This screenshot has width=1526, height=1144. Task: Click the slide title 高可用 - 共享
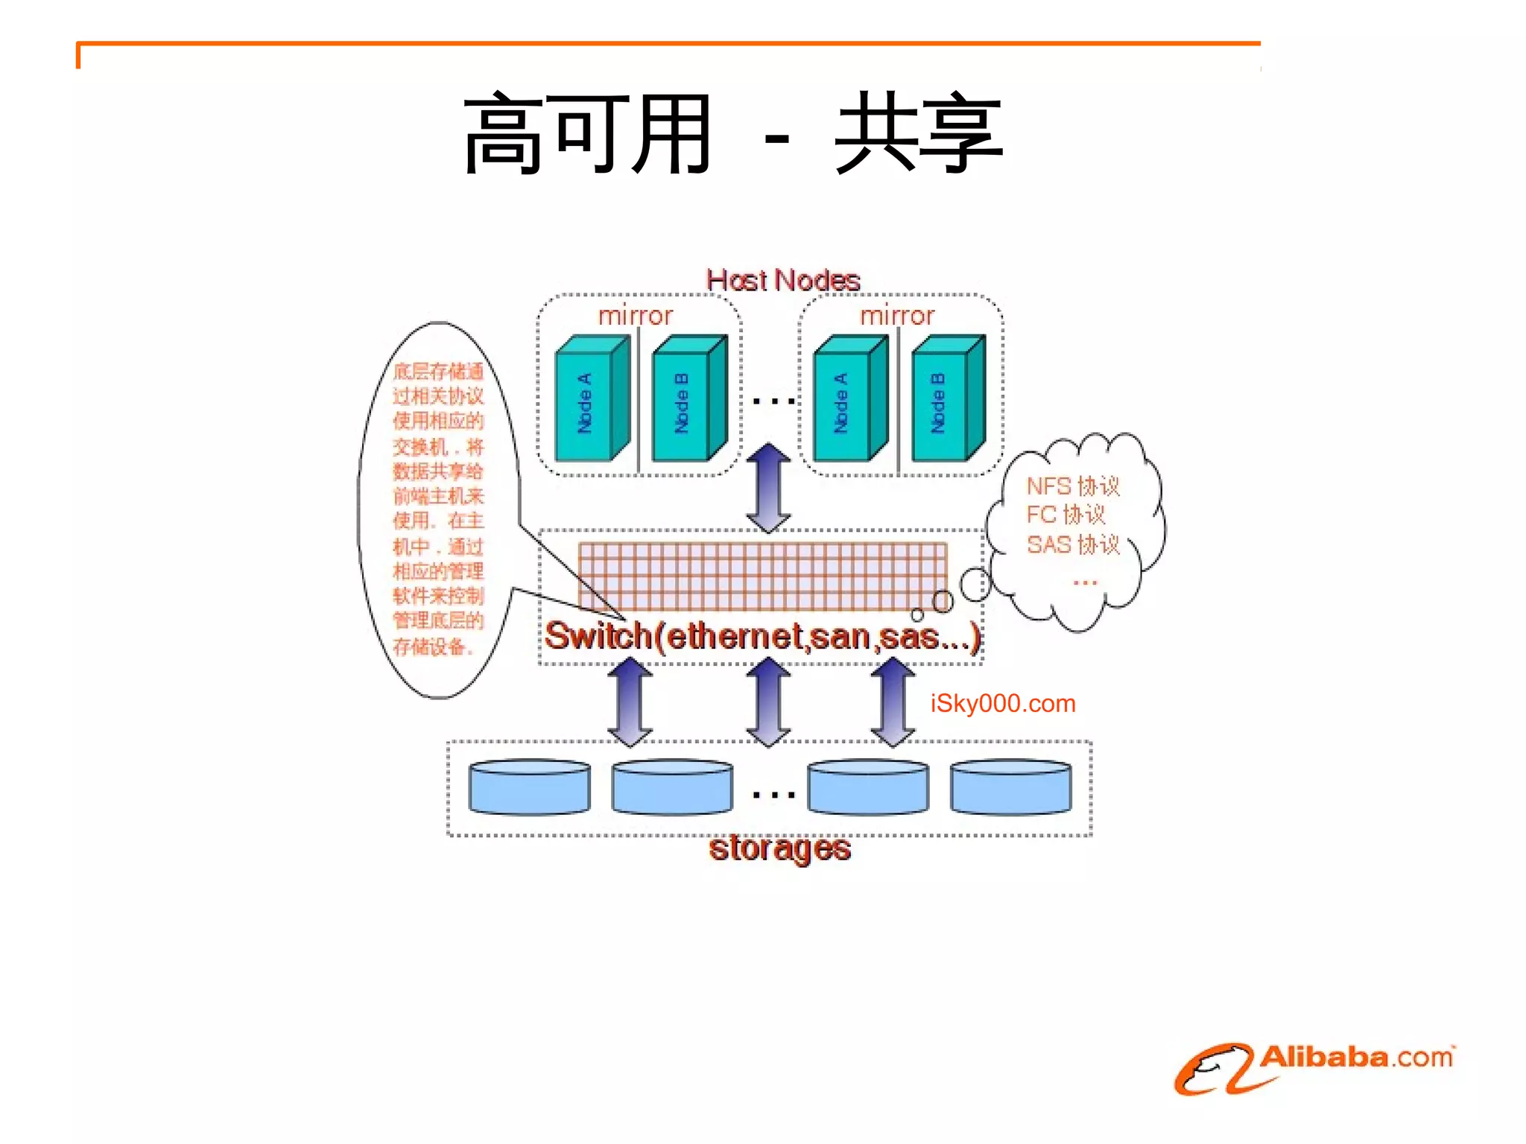click(734, 134)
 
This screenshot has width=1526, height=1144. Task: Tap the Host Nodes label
click(782, 281)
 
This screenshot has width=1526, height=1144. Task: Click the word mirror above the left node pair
click(636, 316)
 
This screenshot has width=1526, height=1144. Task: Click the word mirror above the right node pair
click(897, 316)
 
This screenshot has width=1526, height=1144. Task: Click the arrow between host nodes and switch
click(768, 488)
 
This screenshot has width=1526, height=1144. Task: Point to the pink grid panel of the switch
click(762, 576)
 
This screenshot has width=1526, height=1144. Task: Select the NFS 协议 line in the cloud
click(1073, 486)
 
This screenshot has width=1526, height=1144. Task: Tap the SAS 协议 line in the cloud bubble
click(1073, 544)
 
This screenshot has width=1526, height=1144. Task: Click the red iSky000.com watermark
click(1003, 703)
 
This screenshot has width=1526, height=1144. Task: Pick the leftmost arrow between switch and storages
click(630, 702)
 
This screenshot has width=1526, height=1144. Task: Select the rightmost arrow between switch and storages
click(893, 702)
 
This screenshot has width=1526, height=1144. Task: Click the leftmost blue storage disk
click(529, 787)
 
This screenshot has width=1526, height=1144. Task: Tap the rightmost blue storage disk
click(1010, 787)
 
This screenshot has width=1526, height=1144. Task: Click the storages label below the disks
click(779, 849)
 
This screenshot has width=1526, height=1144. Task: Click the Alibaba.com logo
click(1315, 1067)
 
